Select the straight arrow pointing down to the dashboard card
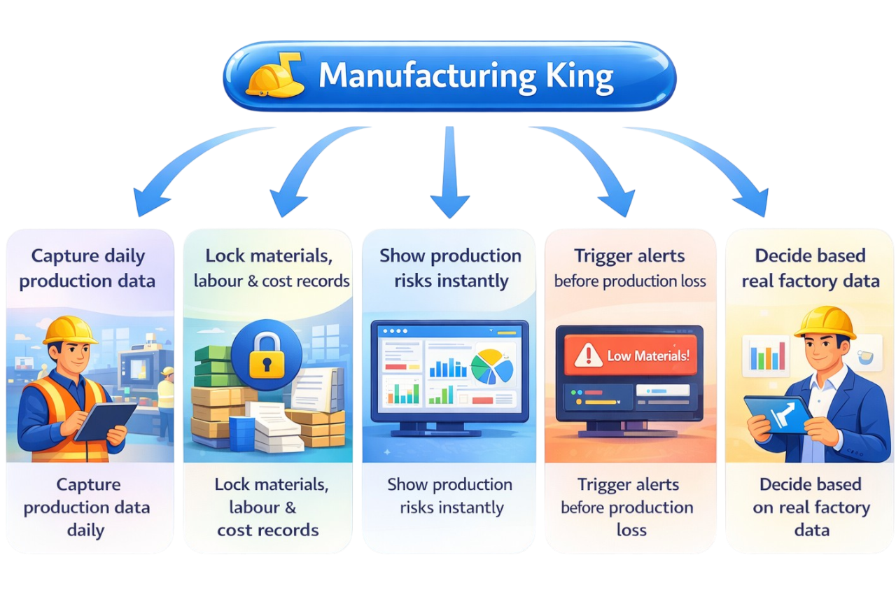coord(450,172)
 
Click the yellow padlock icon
coord(267,356)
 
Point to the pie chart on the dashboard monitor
coord(492,367)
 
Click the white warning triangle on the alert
coord(588,356)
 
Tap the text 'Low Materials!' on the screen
coord(648,356)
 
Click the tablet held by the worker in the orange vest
coord(105,422)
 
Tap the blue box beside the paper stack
coord(242,434)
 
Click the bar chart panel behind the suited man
coord(766,356)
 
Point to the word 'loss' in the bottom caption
coord(631,531)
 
